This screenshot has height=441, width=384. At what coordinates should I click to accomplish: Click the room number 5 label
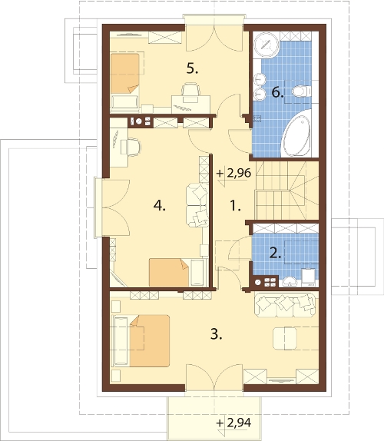(x=192, y=68)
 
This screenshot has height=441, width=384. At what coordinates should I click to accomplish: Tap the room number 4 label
(x=160, y=206)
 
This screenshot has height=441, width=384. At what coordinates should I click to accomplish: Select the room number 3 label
(x=216, y=334)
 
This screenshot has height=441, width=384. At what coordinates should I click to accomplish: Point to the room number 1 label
(x=235, y=205)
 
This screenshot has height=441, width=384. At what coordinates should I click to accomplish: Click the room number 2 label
(x=275, y=253)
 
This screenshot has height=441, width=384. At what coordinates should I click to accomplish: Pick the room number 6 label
(x=277, y=92)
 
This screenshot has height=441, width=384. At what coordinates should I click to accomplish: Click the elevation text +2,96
(x=234, y=174)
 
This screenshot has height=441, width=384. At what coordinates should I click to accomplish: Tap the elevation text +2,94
(x=234, y=423)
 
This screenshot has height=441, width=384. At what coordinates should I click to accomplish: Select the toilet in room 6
(x=301, y=91)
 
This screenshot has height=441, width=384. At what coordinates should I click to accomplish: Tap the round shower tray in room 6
(x=266, y=45)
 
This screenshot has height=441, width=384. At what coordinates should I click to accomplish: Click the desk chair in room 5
(x=191, y=91)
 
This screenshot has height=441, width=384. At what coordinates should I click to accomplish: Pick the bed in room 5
(x=125, y=81)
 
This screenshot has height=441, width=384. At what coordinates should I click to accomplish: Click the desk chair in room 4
(x=133, y=147)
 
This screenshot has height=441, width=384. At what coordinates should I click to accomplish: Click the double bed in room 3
(x=141, y=341)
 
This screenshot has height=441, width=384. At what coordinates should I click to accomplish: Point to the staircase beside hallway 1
(x=286, y=191)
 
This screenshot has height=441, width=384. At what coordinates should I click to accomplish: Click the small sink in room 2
(x=290, y=281)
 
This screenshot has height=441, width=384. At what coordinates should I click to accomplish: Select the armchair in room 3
(x=285, y=338)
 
